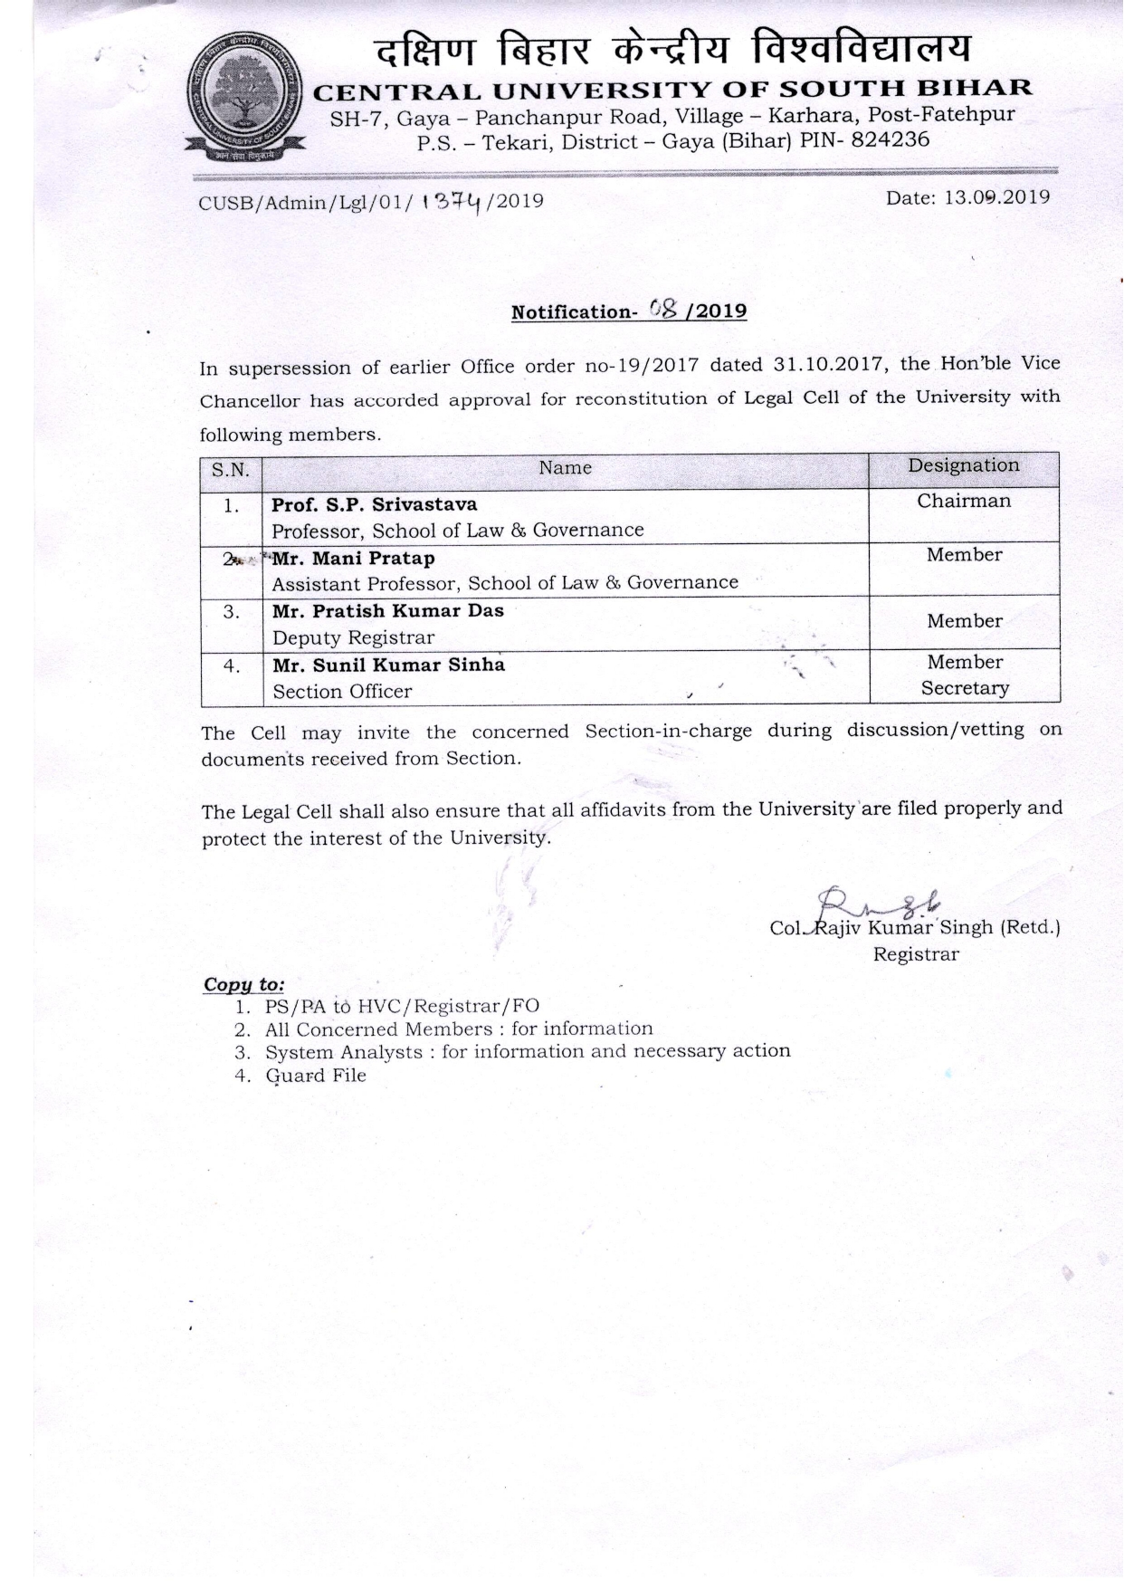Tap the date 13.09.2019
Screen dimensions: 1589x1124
995,196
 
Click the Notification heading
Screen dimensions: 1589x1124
629,311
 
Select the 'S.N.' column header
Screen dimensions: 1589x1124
231,469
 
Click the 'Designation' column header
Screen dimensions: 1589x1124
963,465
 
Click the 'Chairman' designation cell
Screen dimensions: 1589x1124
963,501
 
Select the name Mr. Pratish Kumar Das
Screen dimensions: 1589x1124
387,610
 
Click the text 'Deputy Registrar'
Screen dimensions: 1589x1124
353,637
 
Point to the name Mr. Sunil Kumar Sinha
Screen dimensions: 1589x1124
388,665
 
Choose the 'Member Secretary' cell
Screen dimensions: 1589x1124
964,675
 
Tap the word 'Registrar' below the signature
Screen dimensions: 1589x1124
915,954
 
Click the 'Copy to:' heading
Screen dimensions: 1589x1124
243,984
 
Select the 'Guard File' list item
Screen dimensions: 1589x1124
315,1076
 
